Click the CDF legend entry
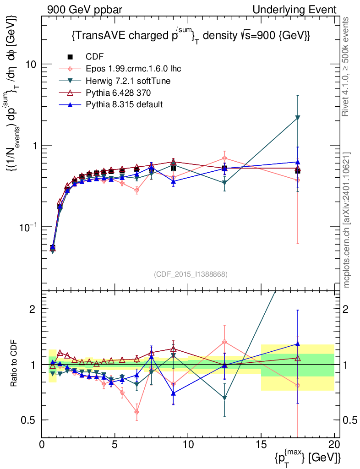coord(95,56)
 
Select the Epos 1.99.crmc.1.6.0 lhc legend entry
coord(133,69)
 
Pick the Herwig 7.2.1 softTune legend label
coord(128,81)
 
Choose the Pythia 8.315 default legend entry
coord(124,104)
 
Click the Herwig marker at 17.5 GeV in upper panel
coord(298,118)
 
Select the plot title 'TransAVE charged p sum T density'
coord(191,37)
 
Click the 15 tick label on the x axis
coord(261,444)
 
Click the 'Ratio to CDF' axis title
coord(14,364)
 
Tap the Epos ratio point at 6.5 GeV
coord(136,412)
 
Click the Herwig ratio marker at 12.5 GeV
coord(224,398)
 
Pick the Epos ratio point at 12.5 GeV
coord(224,342)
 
